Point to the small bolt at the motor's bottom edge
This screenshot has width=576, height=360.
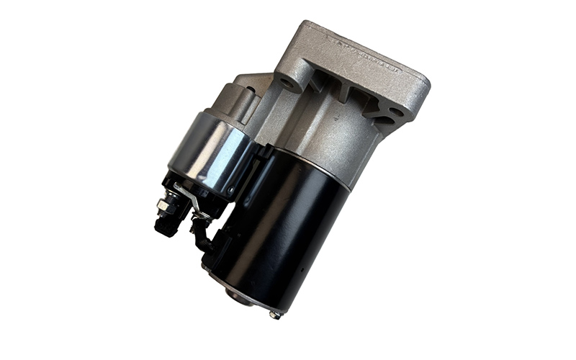click(274, 314)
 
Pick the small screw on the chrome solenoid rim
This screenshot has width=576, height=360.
click(232, 192)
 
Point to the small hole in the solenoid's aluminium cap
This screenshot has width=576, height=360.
click(249, 91)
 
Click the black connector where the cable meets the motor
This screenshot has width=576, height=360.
click(216, 245)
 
